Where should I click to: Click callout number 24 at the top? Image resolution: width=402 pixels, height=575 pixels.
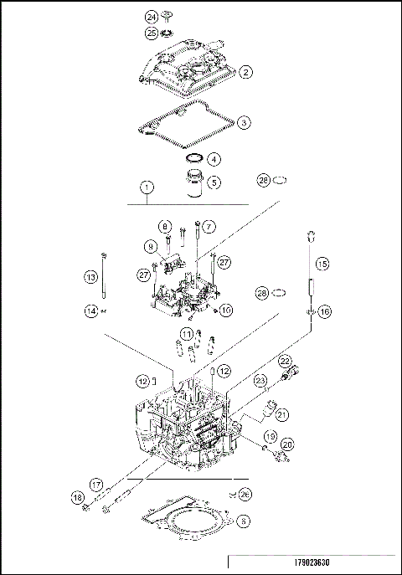(x=152, y=17)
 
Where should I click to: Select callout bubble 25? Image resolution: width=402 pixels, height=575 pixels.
(x=152, y=33)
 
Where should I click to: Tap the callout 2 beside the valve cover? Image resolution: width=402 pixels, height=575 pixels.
(x=245, y=72)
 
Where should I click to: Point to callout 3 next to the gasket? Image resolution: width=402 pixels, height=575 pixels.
(x=244, y=122)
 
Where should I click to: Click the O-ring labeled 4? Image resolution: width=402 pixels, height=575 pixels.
(x=193, y=158)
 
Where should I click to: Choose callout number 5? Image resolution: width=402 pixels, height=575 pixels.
(x=214, y=181)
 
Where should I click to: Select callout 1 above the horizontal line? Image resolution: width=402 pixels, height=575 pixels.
(x=147, y=187)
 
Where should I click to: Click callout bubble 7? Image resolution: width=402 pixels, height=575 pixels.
(x=209, y=227)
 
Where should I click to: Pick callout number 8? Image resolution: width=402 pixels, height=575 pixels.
(x=165, y=227)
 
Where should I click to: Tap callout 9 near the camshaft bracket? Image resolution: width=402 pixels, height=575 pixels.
(x=151, y=247)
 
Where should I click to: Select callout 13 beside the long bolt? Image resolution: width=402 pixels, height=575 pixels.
(x=90, y=277)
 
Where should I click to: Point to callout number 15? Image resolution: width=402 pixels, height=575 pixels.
(x=322, y=263)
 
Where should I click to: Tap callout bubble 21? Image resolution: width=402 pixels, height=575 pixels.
(x=281, y=413)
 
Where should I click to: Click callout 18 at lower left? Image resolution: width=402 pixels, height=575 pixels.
(x=78, y=499)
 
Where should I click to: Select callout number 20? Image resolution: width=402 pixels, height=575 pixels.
(x=287, y=444)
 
